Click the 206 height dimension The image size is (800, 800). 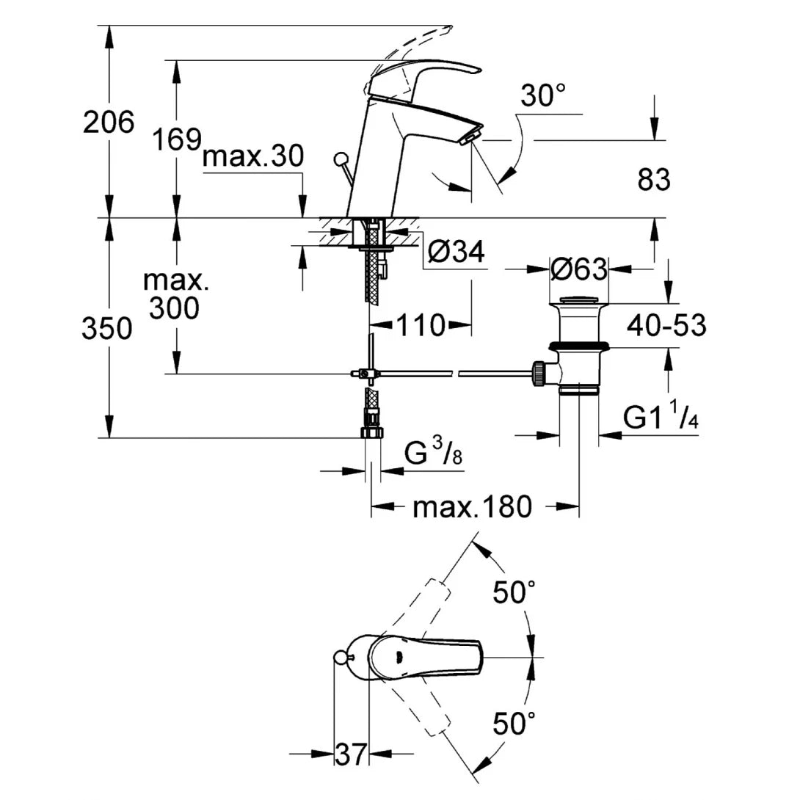point(109,122)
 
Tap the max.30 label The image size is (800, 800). point(252,157)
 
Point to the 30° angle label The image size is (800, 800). point(543,96)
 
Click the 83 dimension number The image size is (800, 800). point(653,179)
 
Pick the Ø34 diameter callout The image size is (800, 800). point(456,252)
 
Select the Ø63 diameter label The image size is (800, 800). point(578,269)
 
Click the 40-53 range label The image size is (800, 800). point(666,324)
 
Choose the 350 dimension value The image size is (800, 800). point(107,329)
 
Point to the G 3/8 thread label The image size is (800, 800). point(433,456)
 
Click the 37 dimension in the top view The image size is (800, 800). point(350,754)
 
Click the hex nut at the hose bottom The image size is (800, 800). point(373,432)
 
